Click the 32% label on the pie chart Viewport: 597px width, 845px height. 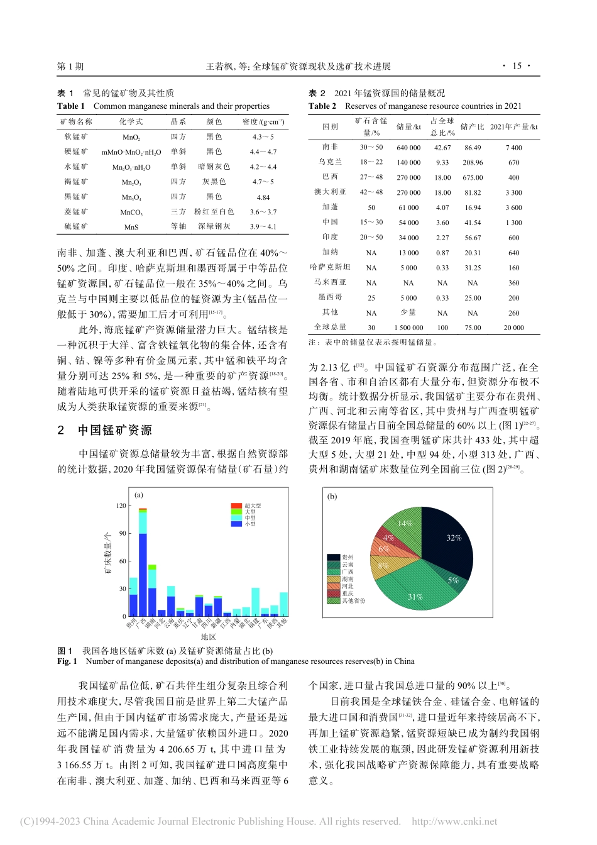[x=454, y=538]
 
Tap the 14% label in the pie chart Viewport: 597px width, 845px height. [x=405, y=523]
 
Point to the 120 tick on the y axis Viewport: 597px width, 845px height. [x=121, y=505]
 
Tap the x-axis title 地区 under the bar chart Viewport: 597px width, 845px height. [x=208, y=637]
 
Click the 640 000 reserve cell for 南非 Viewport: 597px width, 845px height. [x=408, y=148]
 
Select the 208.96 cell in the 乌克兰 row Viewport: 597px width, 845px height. [x=473, y=162]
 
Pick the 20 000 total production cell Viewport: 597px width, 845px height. [x=513, y=328]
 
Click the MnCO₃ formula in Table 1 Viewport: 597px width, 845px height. [x=131, y=213]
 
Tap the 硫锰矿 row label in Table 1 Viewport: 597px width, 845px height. [x=76, y=227]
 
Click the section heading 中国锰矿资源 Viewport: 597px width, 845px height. [x=114, y=431]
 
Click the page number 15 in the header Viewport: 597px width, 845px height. [x=517, y=66]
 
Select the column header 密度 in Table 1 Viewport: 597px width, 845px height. [x=263, y=121]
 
